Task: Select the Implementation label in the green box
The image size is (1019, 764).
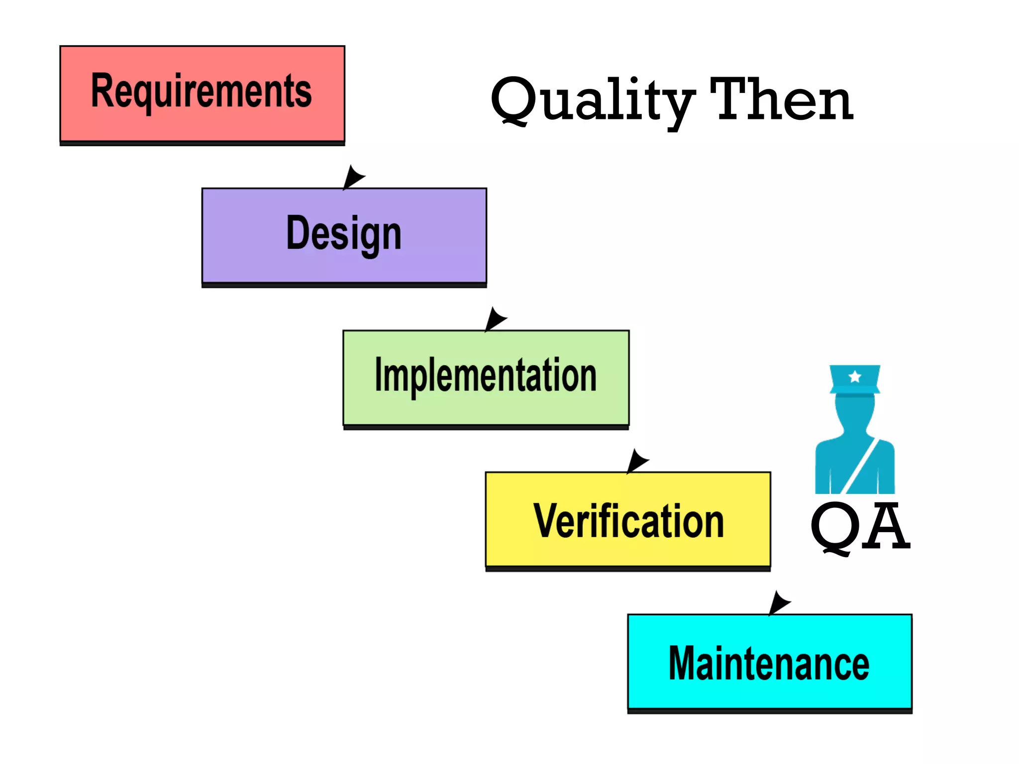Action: click(486, 375)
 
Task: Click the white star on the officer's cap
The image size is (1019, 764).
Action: click(855, 377)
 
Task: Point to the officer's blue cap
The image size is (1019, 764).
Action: click(855, 381)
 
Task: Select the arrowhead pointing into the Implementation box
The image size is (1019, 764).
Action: click(495, 319)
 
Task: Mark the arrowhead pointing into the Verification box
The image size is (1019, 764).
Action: click(636, 461)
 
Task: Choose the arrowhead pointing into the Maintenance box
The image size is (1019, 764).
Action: click(778, 603)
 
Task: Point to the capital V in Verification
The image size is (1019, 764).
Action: click(547, 521)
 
